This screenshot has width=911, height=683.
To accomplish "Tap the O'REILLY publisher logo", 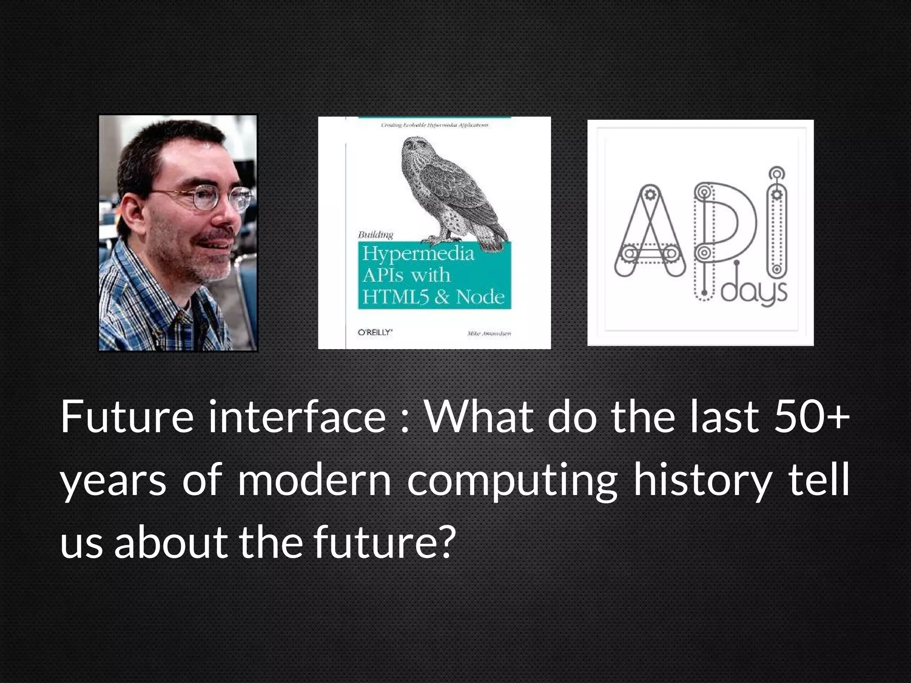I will [375, 332].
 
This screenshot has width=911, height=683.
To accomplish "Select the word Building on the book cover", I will [376, 234].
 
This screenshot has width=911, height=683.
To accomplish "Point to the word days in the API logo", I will [754, 293].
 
